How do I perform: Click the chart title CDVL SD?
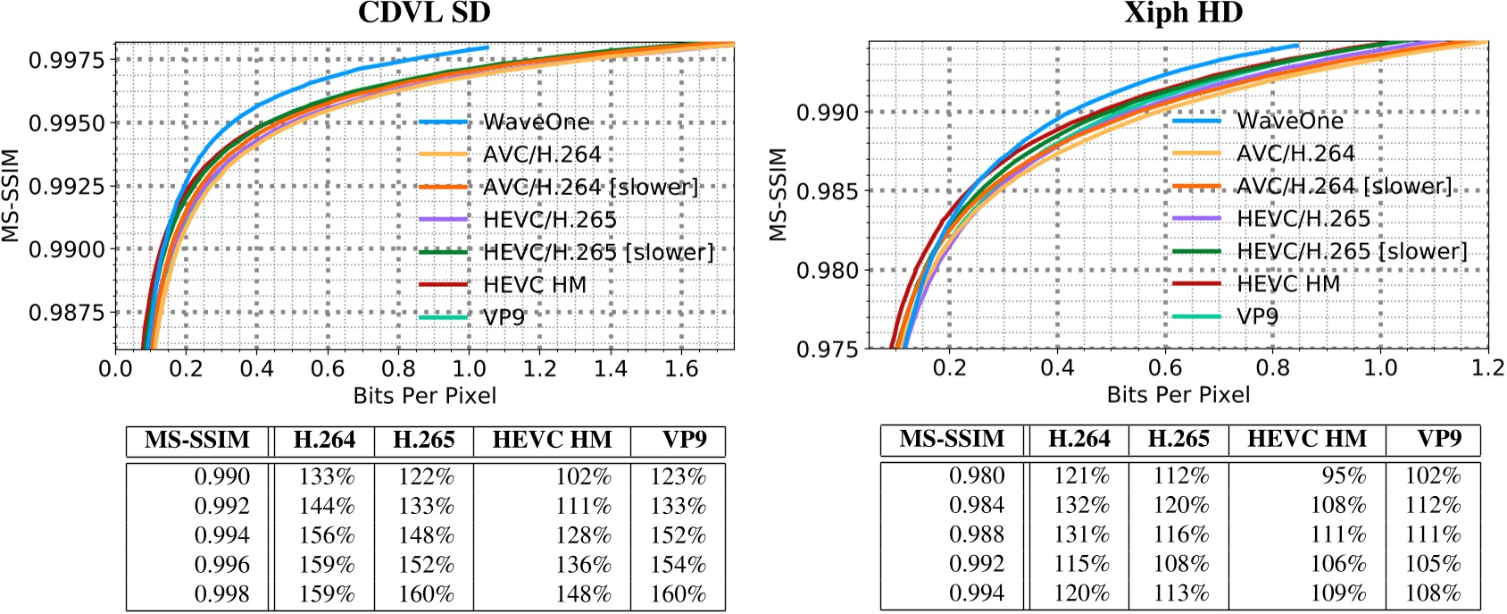pyautogui.click(x=424, y=13)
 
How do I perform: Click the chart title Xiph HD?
pyautogui.click(x=1183, y=13)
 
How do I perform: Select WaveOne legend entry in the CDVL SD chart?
pyautogui.click(x=536, y=122)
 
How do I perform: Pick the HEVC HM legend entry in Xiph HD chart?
pyautogui.click(x=1287, y=284)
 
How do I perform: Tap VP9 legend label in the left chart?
pyautogui.click(x=504, y=317)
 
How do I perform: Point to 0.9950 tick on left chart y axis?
pyautogui.click(x=66, y=123)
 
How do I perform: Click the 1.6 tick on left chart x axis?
pyautogui.click(x=681, y=369)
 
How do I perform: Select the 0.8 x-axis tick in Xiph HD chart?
pyautogui.click(x=1272, y=368)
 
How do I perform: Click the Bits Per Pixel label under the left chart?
pyautogui.click(x=424, y=395)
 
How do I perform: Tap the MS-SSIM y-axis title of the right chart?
pyautogui.click(x=778, y=195)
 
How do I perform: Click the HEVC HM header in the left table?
pyautogui.click(x=552, y=441)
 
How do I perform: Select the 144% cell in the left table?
pyautogui.click(x=326, y=507)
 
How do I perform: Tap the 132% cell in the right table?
pyautogui.click(x=1081, y=505)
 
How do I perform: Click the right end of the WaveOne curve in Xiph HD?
pyautogui.click(x=1297, y=45)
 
